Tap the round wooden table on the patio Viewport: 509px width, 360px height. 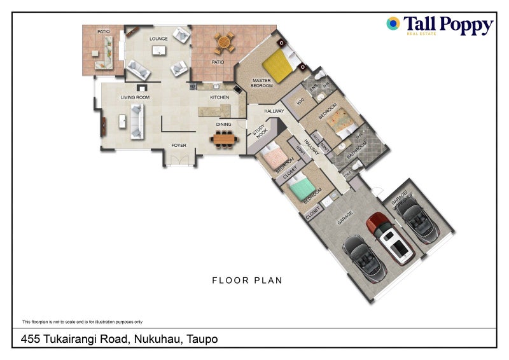223,43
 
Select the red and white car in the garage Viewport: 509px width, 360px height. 391,238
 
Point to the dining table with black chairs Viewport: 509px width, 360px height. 223,138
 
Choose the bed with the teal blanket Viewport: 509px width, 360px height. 300,188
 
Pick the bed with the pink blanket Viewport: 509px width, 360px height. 276,158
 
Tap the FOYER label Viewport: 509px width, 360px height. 179,146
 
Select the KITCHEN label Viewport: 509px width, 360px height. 220,97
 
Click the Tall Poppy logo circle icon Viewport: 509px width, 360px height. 393,24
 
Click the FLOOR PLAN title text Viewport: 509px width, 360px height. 248,280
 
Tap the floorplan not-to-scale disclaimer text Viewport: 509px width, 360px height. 82,322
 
